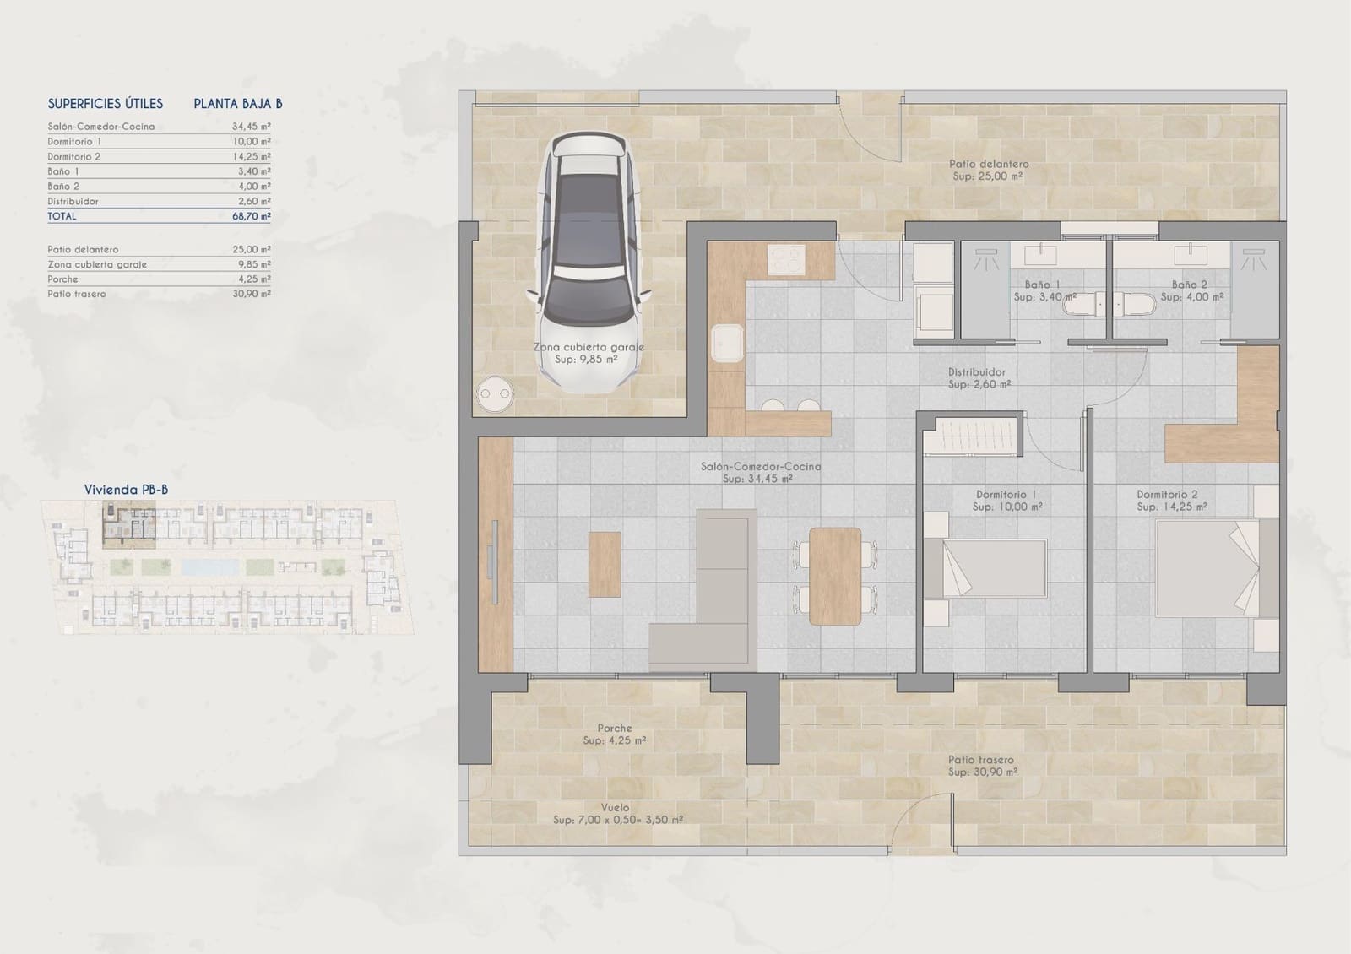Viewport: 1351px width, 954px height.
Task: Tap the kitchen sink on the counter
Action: [x=727, y=344]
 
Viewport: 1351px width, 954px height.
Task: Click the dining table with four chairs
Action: [x=835, y=576]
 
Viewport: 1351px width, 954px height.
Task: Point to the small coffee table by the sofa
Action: [x=605, y=564]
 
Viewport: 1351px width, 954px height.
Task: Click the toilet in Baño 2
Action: [x=1135, y=305]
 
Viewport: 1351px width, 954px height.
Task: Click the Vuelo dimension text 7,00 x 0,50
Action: [x=617, y=820]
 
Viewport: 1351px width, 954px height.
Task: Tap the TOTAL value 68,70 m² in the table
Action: [x=252, y=216]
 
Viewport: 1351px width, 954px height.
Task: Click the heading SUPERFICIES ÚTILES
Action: [x=106, y=104]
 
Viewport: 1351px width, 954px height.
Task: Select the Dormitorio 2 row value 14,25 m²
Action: [x=252, y=157]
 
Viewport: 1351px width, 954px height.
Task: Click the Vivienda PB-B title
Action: [x=126, y=490]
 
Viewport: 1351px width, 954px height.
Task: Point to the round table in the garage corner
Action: [x=494, y=393]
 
